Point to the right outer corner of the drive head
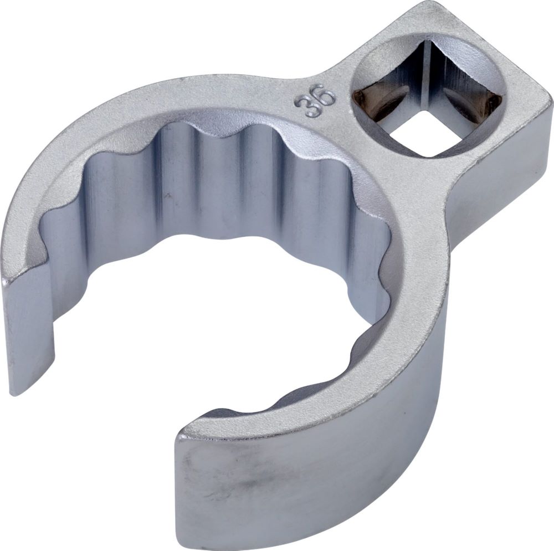click(551, 105)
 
